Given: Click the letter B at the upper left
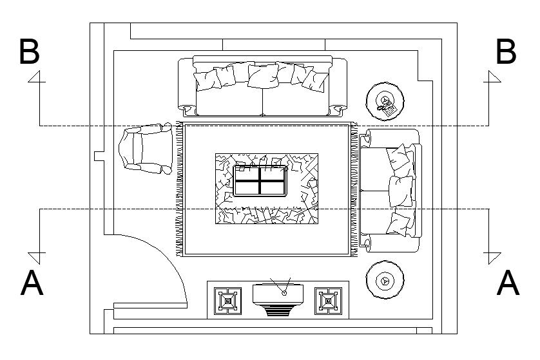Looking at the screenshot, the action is tap(30, 52).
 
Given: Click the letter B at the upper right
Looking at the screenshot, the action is tap(506, 52).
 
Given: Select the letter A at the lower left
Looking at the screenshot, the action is tap(32, 283).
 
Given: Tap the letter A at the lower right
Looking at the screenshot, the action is tap(508, 283).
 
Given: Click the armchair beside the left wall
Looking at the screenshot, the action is tap(146, 149).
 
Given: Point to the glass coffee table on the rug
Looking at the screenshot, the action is tap(260, 181).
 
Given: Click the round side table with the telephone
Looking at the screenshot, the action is tap(385, 101).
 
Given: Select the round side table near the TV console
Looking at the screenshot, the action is tap(385, 279).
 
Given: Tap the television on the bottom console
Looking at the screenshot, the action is tap(278, 297).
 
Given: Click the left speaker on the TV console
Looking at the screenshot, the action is tap(227, 301).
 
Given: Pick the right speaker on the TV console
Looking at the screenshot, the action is tap(328, 301).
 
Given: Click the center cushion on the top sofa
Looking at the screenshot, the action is tap(263, 76).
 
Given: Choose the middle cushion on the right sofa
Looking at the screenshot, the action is tap(401, 191).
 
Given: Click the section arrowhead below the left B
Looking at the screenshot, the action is tap(37, 77).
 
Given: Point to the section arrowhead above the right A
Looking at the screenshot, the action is tap(492, 258).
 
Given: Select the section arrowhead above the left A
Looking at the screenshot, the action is tap(37, 258).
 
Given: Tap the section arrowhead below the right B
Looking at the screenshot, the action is tap(492, 77).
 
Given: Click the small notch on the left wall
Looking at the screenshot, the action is tap(99, 156).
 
